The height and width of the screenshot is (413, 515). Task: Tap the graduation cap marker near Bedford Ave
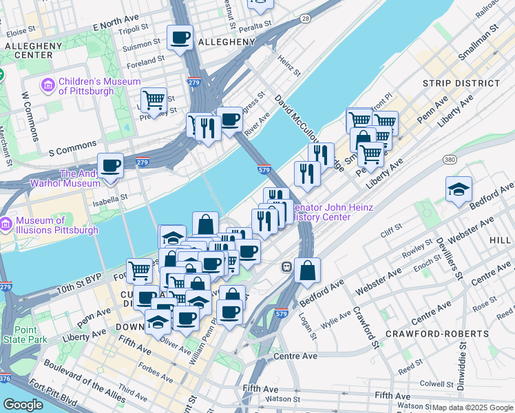tap(459, 189)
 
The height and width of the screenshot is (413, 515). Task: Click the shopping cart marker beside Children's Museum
tap(154, 100)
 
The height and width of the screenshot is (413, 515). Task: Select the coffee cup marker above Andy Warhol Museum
tap(111, 165)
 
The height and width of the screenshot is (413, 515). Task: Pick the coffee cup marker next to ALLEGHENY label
tap(180, 37)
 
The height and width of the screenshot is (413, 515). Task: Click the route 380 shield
tap(450, 160)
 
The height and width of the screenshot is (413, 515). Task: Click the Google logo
tap(23, 405)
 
